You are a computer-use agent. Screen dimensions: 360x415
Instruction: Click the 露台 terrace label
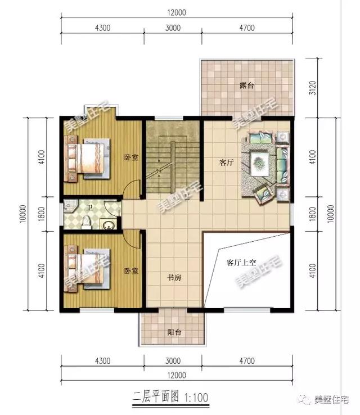pyautogui.click(x=247, y=85)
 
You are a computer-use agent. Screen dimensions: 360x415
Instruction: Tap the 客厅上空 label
pyautogui.click(x=241, y=263)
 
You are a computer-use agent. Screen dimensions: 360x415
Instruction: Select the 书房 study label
pyautogui.click(x=174, y=277)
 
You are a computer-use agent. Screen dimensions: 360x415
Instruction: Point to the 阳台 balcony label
pyautogui.click(x=174, y=332)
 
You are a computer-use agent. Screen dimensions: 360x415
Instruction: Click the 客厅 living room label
pyautogui.click(x=226, y=163)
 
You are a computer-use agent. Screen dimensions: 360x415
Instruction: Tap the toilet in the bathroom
pyautogui.click(x=86, y=223)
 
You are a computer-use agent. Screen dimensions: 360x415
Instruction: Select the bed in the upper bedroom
pyautogui.click(x=89, y=159)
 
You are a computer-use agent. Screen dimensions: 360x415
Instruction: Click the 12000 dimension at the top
pyautogui.click(x=177, y=12)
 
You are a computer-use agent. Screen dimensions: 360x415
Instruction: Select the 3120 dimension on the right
pyautogui.click(x=313, y=88)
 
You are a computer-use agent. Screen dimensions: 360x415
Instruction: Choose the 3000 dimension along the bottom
pyautogui.click(x=173, y=361)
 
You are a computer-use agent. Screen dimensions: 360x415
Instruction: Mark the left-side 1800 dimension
pyautogui.click(x=41, y=214)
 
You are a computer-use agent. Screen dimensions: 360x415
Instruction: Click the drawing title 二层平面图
pyautogui.click(x=155, y=397)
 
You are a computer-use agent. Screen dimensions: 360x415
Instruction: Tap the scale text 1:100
pyautogui.click(x=196, y=398)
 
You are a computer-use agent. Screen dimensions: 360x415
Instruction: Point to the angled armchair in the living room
pyautogui.click(x=264, y=194)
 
